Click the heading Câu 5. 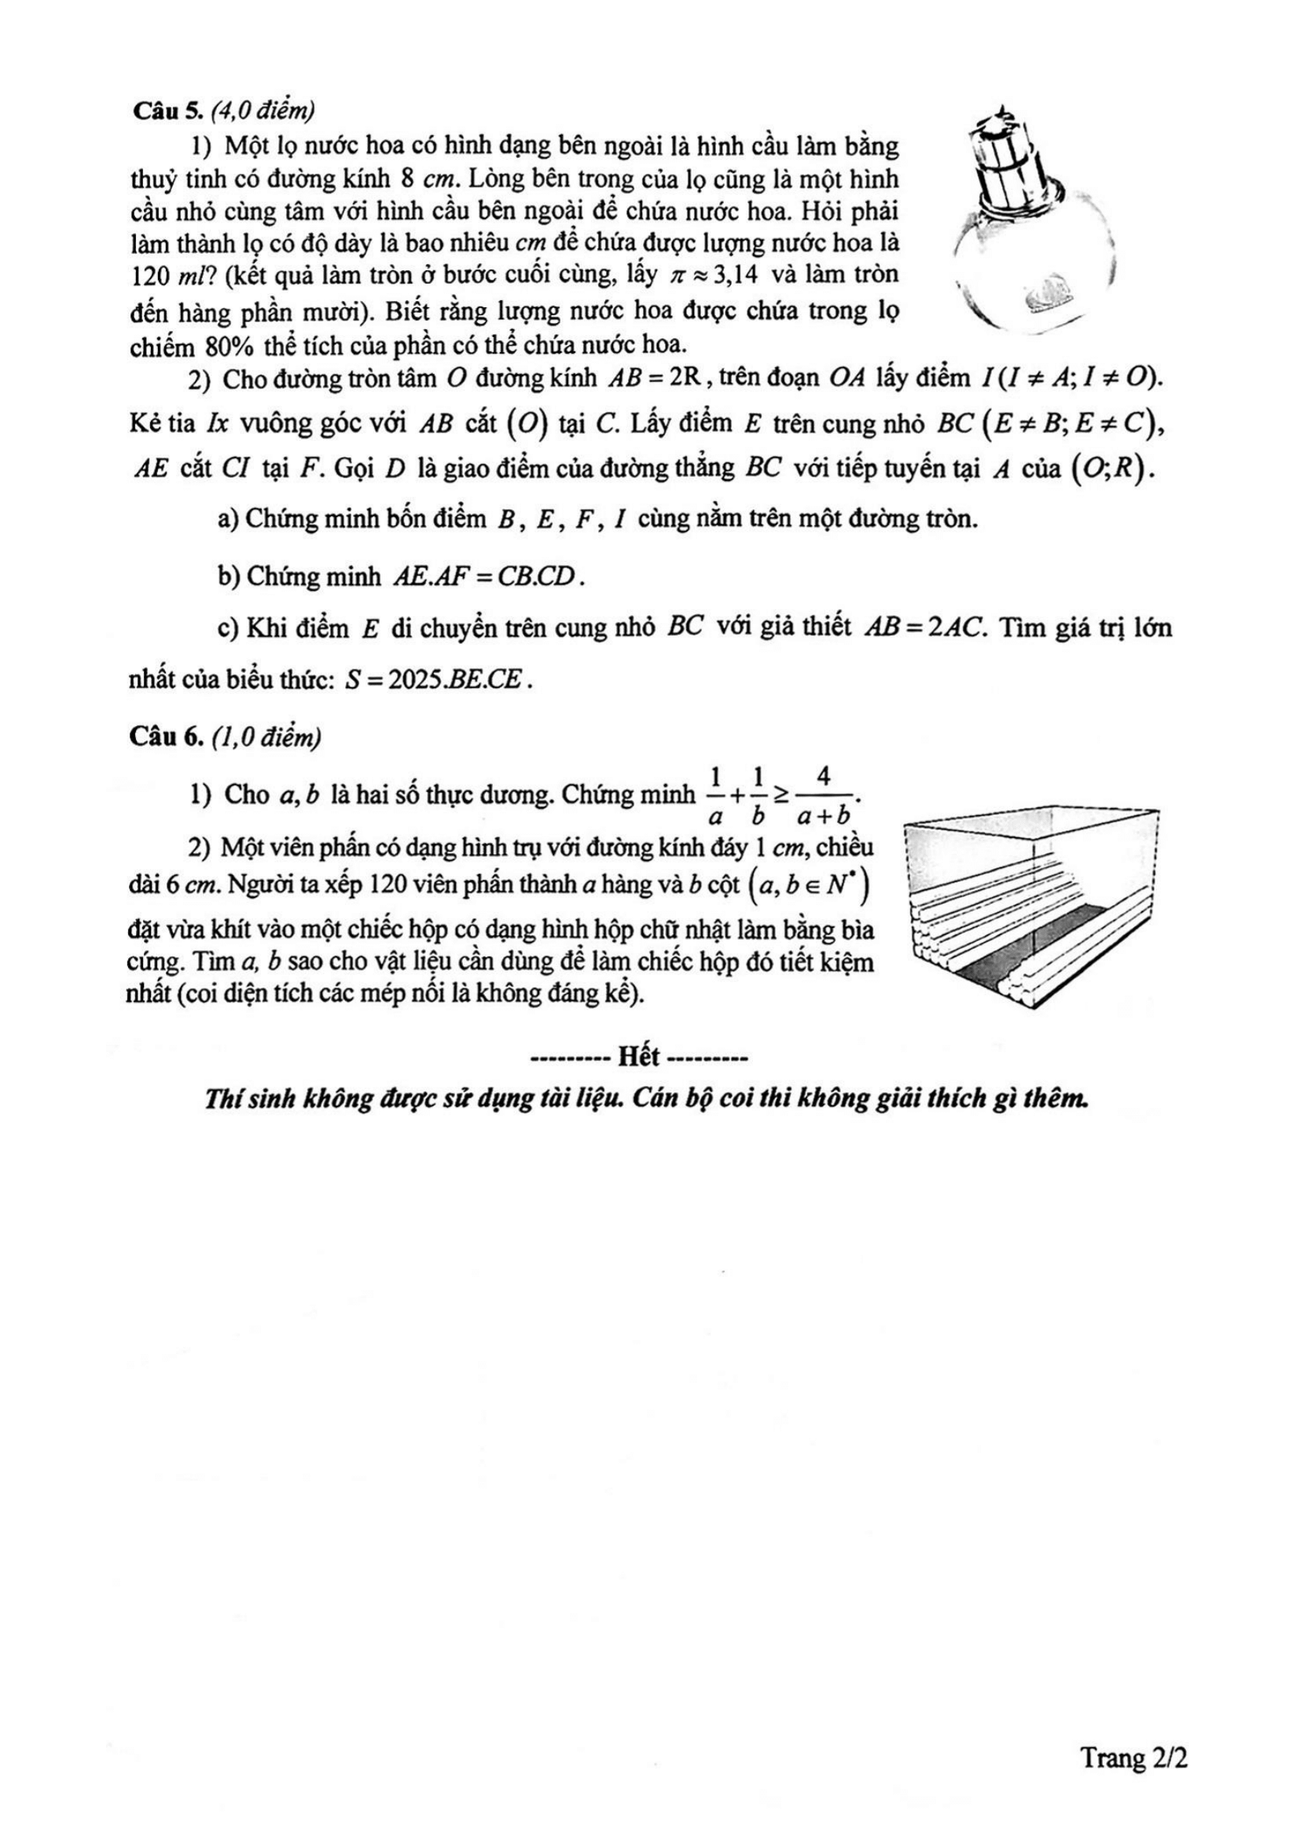[x=160, y=112]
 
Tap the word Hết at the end [x=639, y=1058]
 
